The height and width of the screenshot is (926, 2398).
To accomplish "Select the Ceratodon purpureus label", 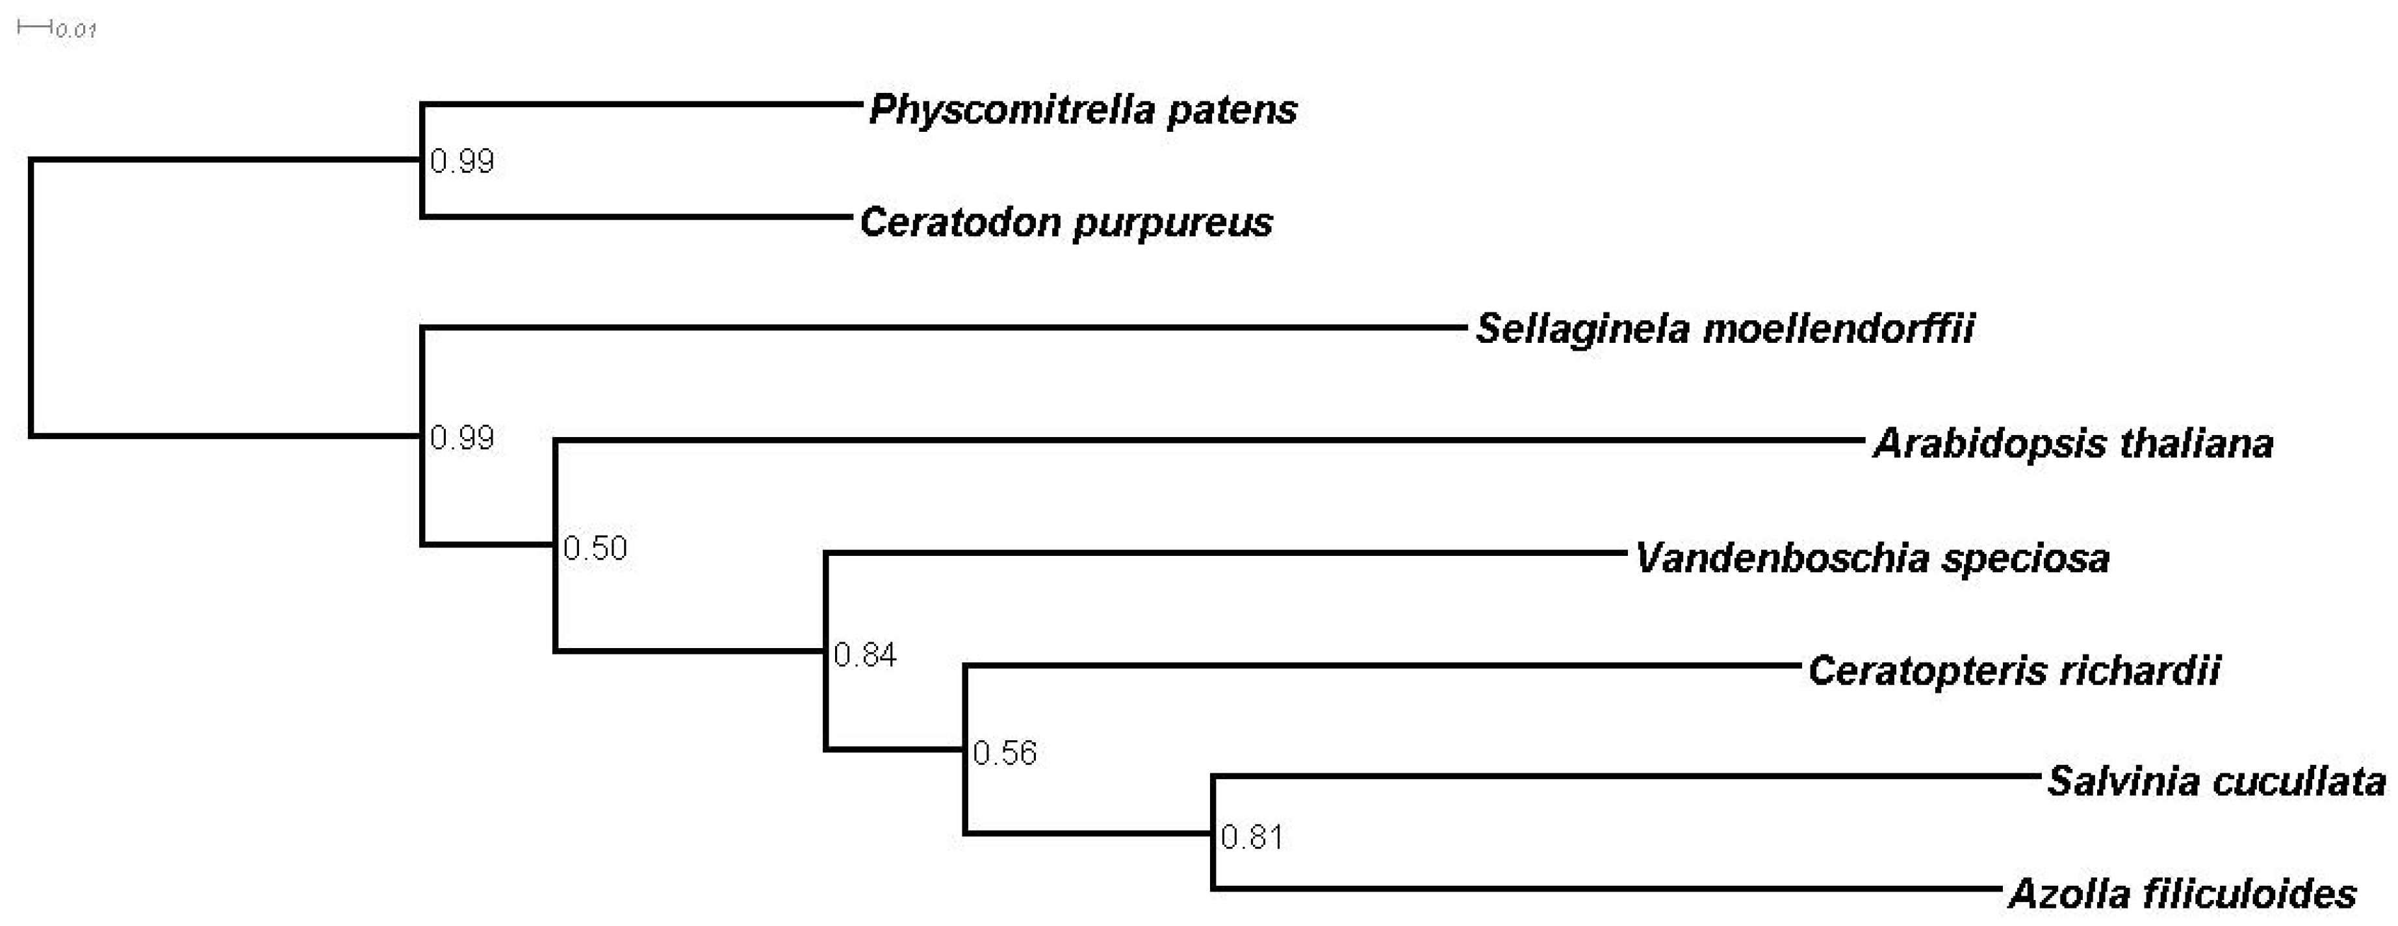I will [1066, 223].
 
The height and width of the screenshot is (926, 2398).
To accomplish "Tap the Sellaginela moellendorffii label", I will [1725, 329].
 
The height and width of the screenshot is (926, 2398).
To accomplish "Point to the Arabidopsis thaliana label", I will [2073, 444].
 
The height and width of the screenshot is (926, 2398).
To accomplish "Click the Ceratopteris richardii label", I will [2013, 671].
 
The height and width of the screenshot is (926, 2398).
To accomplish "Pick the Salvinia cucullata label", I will [2215, 782].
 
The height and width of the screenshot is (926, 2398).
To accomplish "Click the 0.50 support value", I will [595, 548].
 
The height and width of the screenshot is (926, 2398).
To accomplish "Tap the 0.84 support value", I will [865, 655].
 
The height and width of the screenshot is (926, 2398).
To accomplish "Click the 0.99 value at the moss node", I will [461, 162].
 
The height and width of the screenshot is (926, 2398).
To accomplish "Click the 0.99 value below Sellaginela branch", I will [461, 438].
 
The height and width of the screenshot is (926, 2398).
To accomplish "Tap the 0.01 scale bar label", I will [75, 31].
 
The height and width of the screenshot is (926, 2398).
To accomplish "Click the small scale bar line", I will [34, 27].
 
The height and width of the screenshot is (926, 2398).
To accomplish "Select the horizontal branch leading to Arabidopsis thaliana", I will [1210, 440].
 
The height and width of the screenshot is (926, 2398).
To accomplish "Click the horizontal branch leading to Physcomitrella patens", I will [642, 105].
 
